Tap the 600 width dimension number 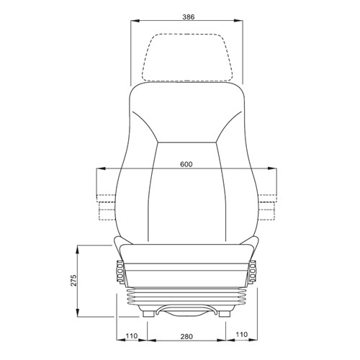coord(186,164)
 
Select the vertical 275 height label coord(73,281)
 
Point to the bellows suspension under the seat coord(186,297)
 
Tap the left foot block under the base coord(150,314)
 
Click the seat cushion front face coord(186,253)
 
